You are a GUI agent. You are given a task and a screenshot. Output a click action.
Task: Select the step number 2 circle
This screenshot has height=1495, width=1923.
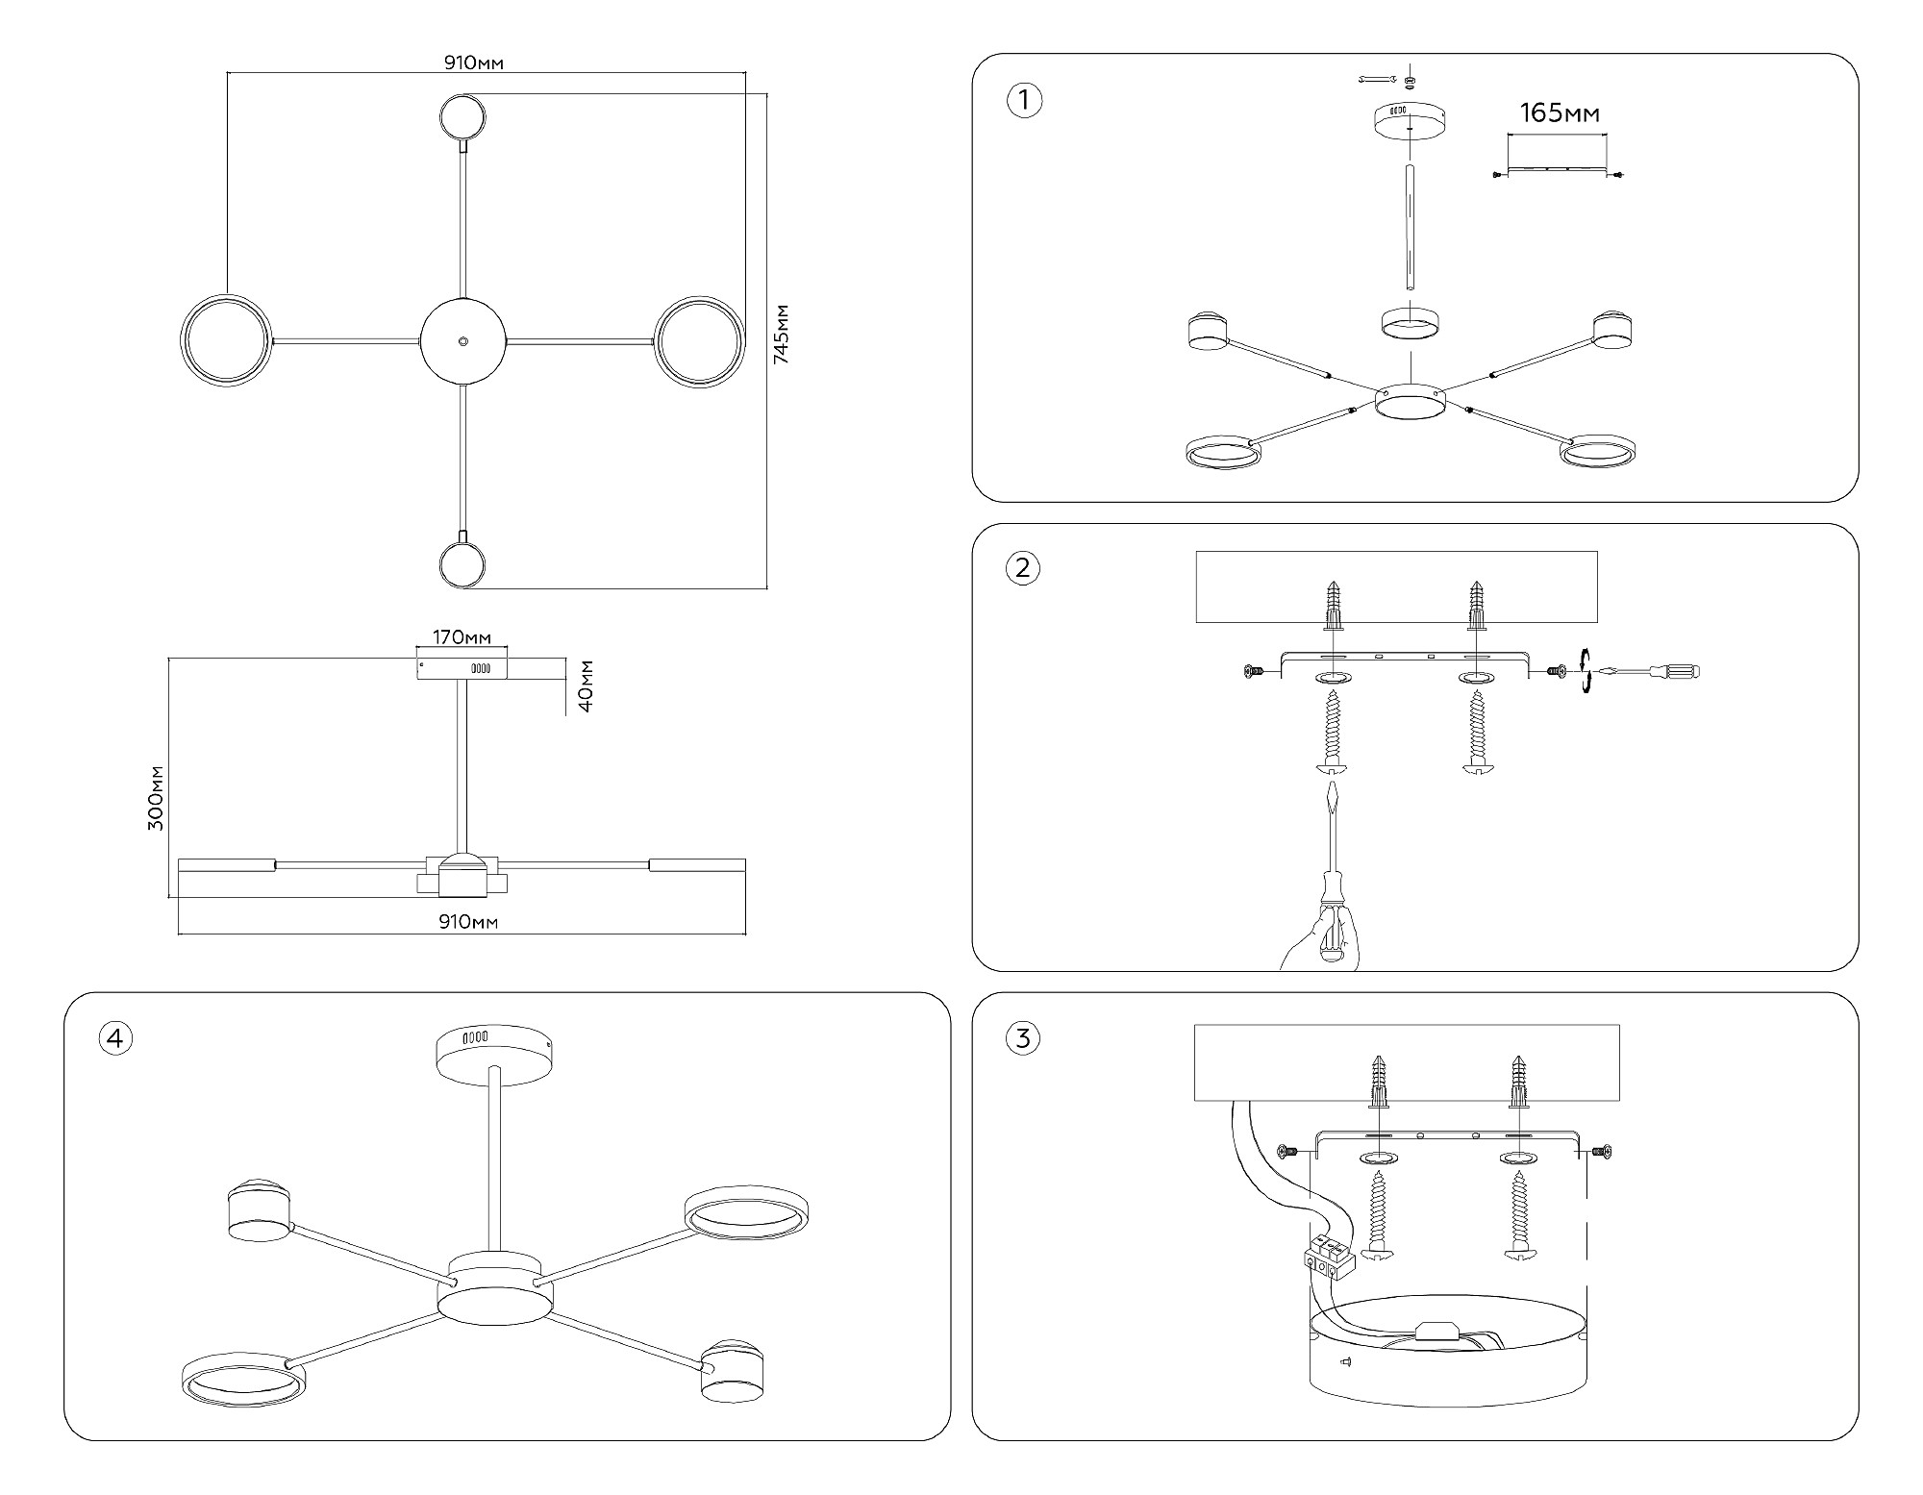click(1023, 568)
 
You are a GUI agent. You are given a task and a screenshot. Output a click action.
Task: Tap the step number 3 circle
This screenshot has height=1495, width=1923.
click(1023, 1037)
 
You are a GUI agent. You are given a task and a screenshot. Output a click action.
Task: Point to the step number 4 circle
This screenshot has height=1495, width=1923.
click(115, 1037)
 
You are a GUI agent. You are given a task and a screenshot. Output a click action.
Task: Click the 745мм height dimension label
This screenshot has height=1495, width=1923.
click(783, 333)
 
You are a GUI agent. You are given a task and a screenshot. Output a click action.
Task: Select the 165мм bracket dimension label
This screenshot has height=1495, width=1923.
click(1560, 113)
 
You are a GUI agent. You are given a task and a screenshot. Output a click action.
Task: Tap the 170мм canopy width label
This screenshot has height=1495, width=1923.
click(462, 637)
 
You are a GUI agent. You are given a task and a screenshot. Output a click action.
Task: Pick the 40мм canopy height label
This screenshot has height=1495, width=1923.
click(586, 685)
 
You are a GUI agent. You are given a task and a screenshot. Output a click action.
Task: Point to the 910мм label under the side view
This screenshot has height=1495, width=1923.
click(468, 922)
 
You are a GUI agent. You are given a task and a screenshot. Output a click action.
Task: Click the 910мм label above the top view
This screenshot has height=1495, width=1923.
click(474, 63)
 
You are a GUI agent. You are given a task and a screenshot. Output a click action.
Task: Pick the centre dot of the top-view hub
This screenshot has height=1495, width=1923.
click(463, 340)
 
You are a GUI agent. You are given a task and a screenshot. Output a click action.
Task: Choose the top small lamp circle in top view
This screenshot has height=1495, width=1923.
click(462, 117)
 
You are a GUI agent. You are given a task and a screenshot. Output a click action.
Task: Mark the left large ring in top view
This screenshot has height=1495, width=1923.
click(225, 341)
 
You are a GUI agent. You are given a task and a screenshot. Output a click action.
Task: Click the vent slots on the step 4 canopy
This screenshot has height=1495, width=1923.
click(475, 1038)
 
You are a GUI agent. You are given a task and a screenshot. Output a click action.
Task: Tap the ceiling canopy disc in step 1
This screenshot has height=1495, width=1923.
click(1409, 119)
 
